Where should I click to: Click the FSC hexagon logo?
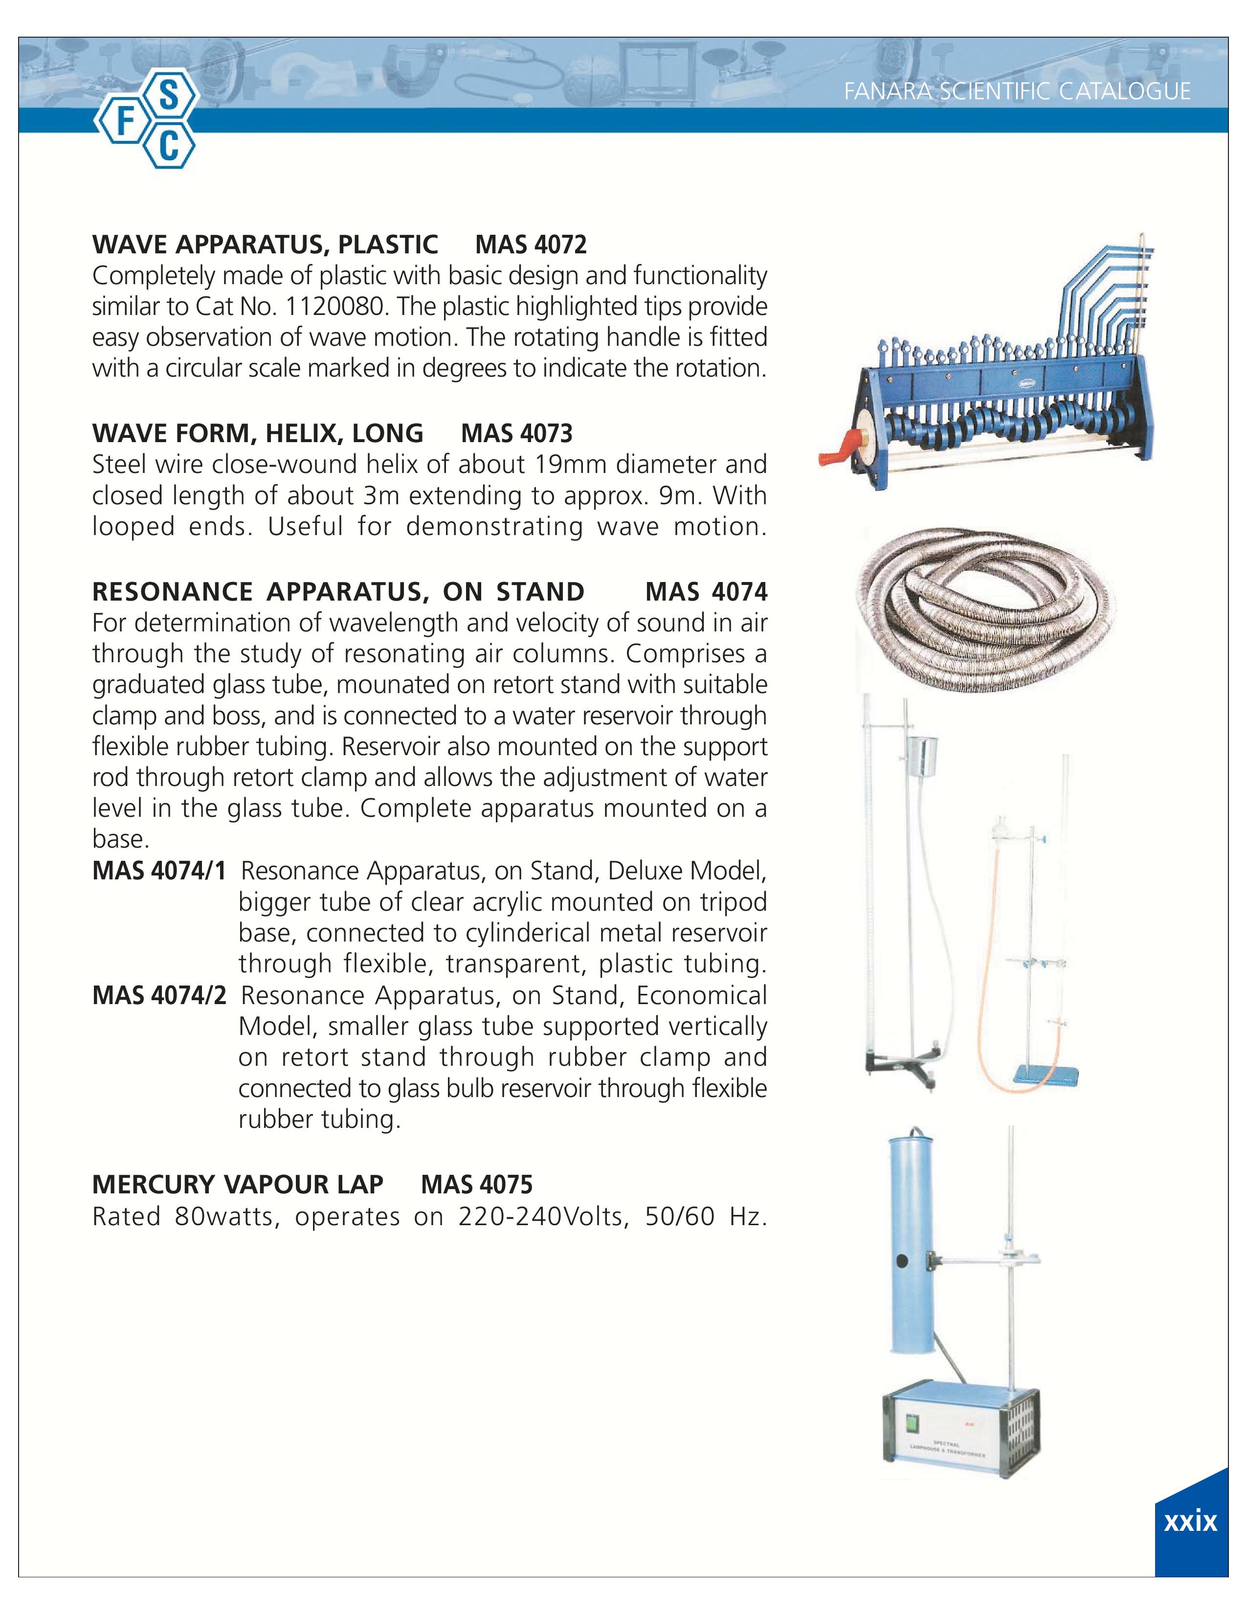[146, 121]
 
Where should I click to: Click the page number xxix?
[1190, 1521]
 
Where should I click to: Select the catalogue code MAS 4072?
[531, 244]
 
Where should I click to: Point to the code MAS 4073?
[516, 433]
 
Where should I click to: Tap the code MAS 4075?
[476, 1185]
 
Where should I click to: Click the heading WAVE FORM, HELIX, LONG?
[257, 433]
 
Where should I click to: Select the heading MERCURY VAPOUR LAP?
[237, 1185]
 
